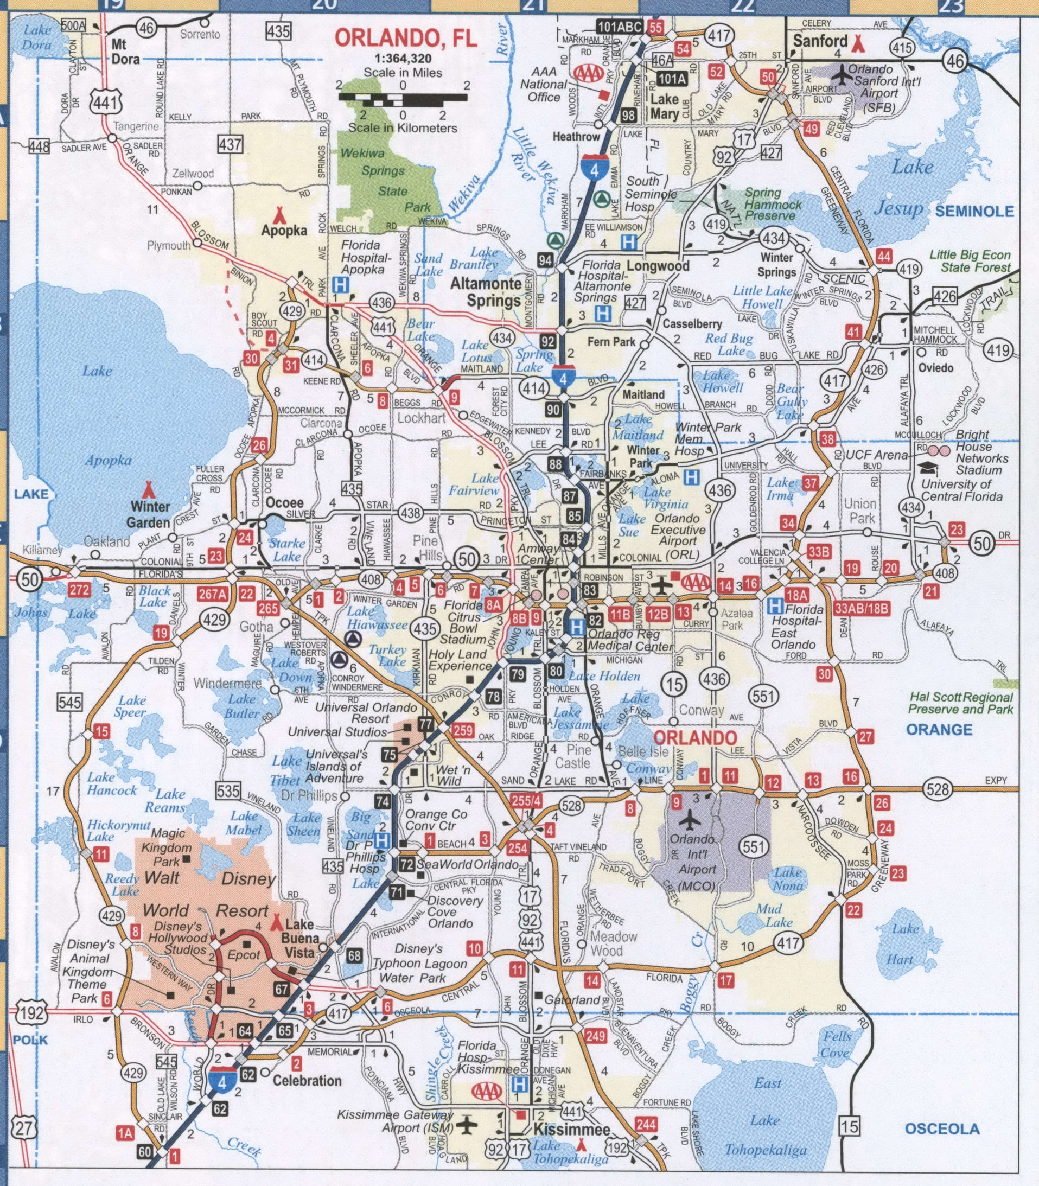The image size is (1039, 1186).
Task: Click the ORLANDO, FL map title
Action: (406, 39)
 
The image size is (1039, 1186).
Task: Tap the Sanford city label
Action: (820, 41)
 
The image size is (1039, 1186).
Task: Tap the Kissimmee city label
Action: (571, 1129)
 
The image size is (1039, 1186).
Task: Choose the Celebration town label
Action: (307, 1081)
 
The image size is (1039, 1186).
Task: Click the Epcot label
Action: (244, 955)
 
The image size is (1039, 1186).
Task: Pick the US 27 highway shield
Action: (26, 1128)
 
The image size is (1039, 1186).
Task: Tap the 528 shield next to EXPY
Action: (938, 789)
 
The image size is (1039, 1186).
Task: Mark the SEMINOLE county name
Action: (974, 211)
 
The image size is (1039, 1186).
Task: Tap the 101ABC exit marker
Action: (620, 27)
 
